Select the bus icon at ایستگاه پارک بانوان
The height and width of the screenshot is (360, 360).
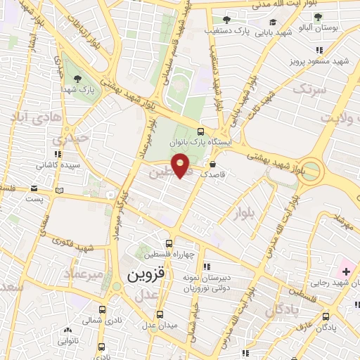pyautogui.click(x=202, y=131)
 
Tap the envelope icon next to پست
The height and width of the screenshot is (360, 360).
pyautogui.click(x=34, y=188)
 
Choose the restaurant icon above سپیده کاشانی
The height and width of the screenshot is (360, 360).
pyautogui.click(x=57, y=153)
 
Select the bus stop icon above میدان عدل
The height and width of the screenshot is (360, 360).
pyautogui.click(x=160, y=314)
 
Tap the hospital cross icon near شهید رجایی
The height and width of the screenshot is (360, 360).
pyautogui.click(x=345, y=270)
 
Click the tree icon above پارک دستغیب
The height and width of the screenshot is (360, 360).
pyautogui.click(x=226, y=20)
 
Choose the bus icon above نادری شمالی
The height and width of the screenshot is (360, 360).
pyautogui.click(x=102, y=309)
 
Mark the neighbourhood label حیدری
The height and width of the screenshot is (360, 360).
pyautogui.click(x=75, y=139)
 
